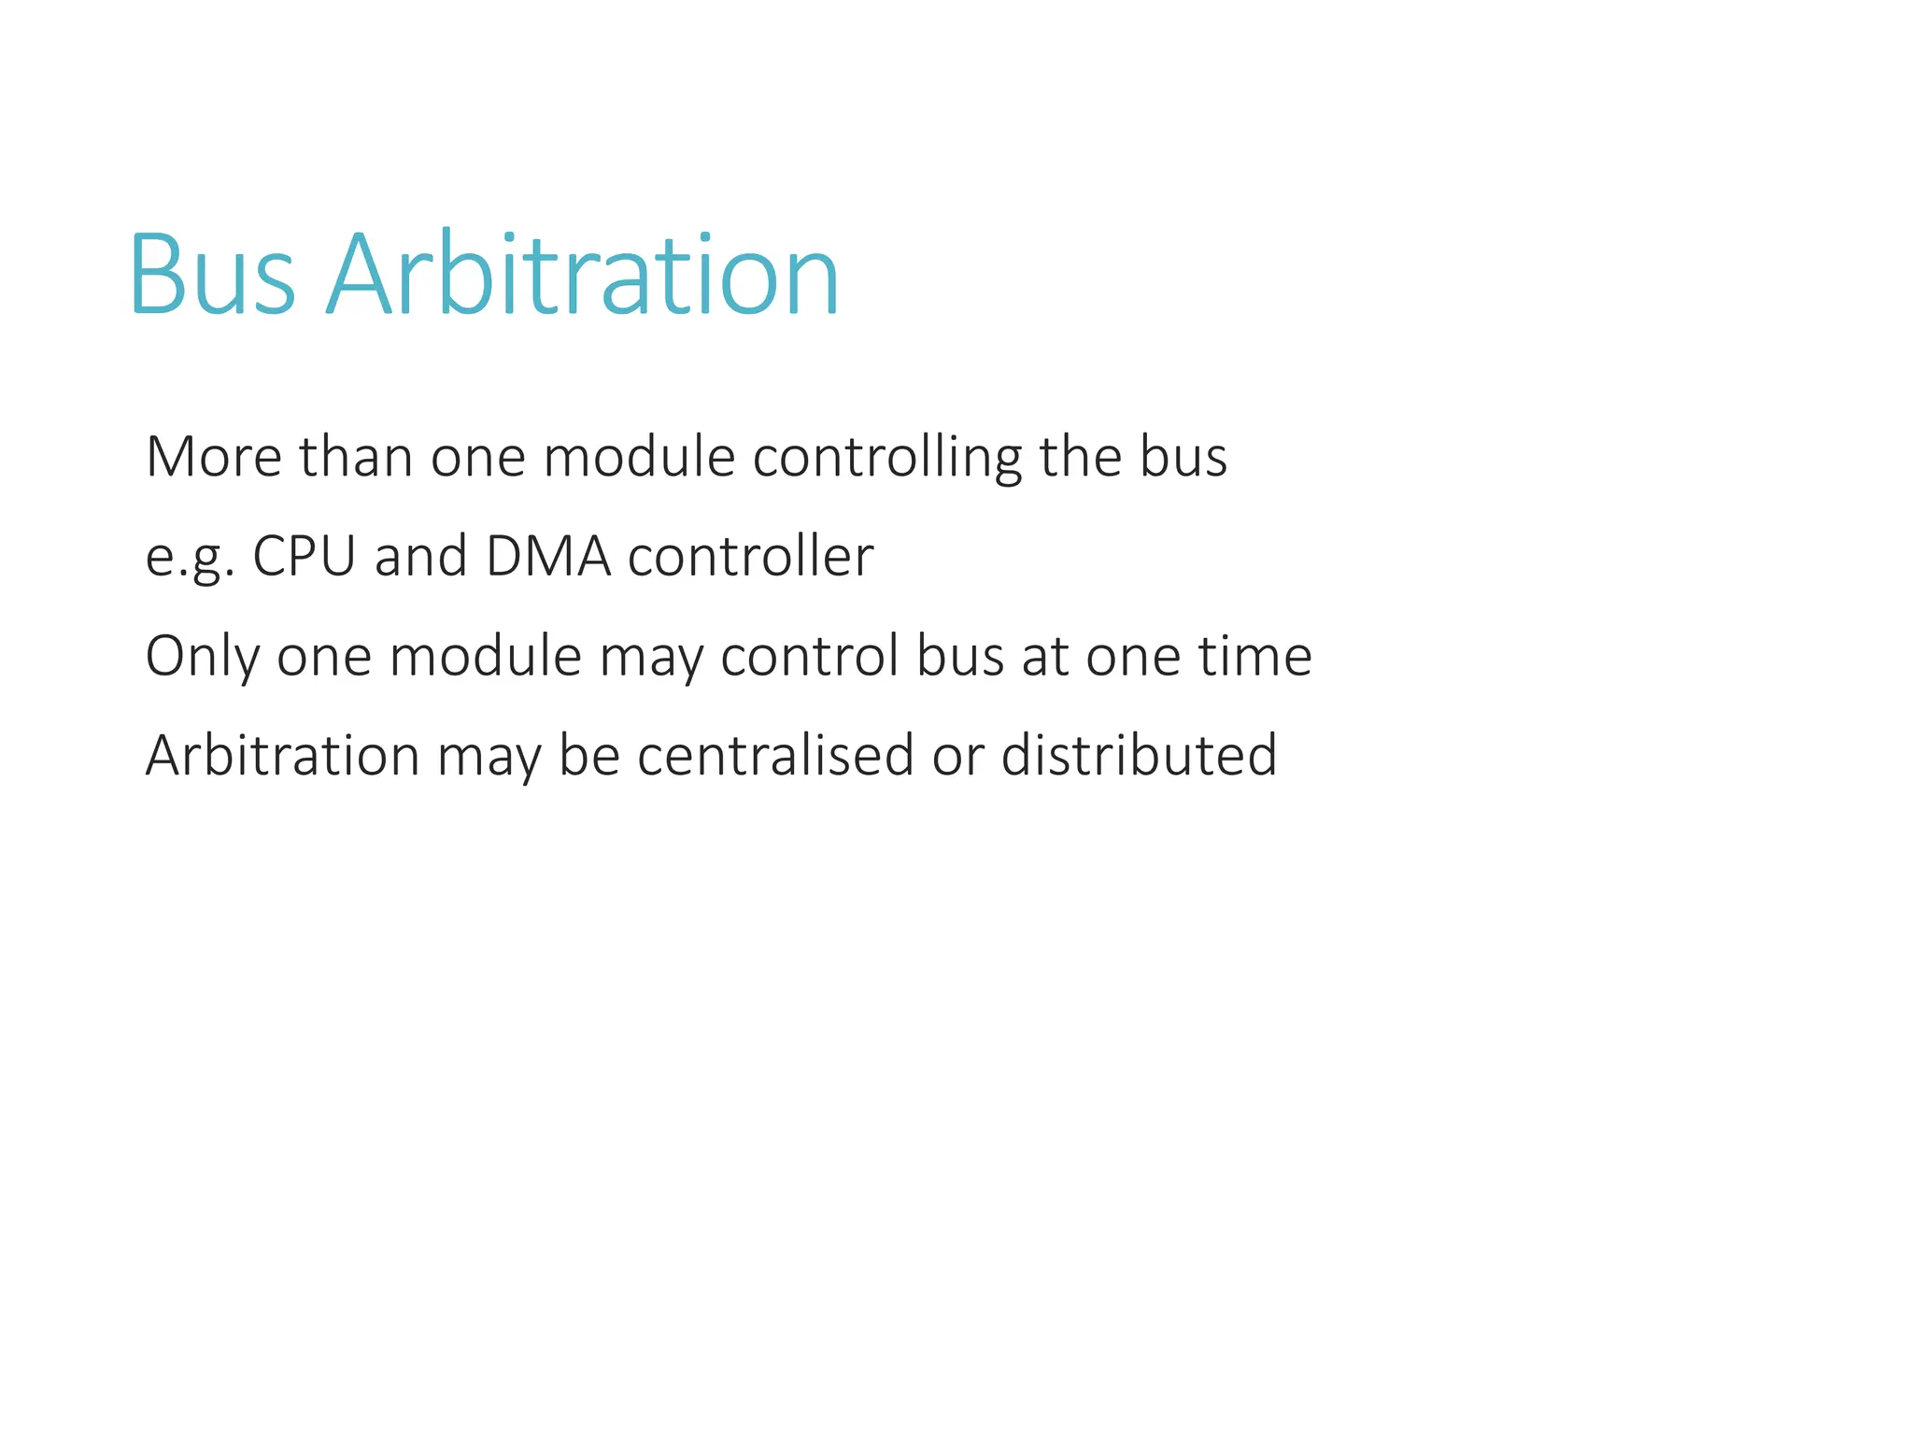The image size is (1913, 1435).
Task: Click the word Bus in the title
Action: point(212,276)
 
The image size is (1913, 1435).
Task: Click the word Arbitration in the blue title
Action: point(582,276)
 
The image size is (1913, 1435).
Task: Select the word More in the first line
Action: point(214,457)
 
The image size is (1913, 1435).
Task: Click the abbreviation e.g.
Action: point(190,558)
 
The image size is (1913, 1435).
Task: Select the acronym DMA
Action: point(548,557)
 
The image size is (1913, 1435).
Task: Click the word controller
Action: point(750,557)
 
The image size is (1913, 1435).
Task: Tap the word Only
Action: point(202,657)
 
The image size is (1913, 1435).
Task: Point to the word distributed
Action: point(1139,755)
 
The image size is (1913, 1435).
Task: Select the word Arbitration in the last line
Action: point(282,755)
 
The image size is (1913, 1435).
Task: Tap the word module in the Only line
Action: point(486,656)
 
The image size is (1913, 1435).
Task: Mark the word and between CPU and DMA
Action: point(420,557)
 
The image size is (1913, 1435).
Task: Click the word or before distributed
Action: point(958,755)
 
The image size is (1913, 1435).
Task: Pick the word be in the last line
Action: point(589,755)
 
